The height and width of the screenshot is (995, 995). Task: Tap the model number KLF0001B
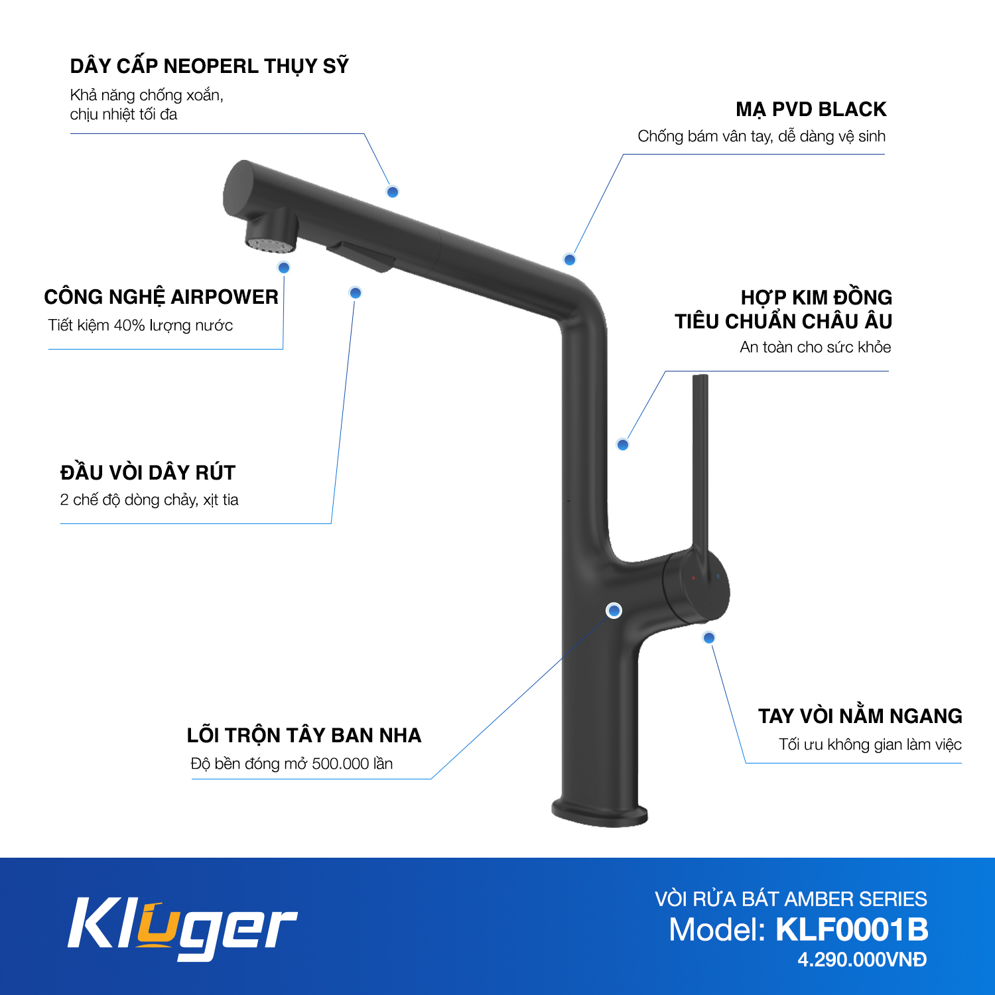(852, 929)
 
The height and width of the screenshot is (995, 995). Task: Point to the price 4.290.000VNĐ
(862, 960)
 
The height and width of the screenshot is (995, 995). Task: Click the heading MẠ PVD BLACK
(811, 109)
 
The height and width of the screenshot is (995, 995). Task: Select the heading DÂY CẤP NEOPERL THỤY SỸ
(209, 66)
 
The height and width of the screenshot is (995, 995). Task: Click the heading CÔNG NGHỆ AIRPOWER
(161, 297)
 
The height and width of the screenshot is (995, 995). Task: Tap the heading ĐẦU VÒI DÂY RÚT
(148, 473)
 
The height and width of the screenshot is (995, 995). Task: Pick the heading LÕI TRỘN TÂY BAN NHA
(304, 736)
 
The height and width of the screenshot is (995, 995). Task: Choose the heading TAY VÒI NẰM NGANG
(860, 716)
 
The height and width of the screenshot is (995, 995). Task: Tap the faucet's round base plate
(600, 813)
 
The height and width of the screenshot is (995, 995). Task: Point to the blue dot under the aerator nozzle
(284, 267)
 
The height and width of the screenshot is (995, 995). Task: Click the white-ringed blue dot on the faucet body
(614, 610)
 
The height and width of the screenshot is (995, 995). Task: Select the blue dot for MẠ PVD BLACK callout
(569, 259)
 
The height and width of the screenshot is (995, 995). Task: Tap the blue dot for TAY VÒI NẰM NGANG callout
(709, 637)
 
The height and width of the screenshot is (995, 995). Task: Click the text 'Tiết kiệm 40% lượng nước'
(141, 326)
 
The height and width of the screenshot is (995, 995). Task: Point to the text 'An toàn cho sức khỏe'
(815, 347)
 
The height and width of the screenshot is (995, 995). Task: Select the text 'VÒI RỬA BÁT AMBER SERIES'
(791, 899)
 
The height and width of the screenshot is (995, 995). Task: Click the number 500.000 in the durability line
(340, 763)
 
